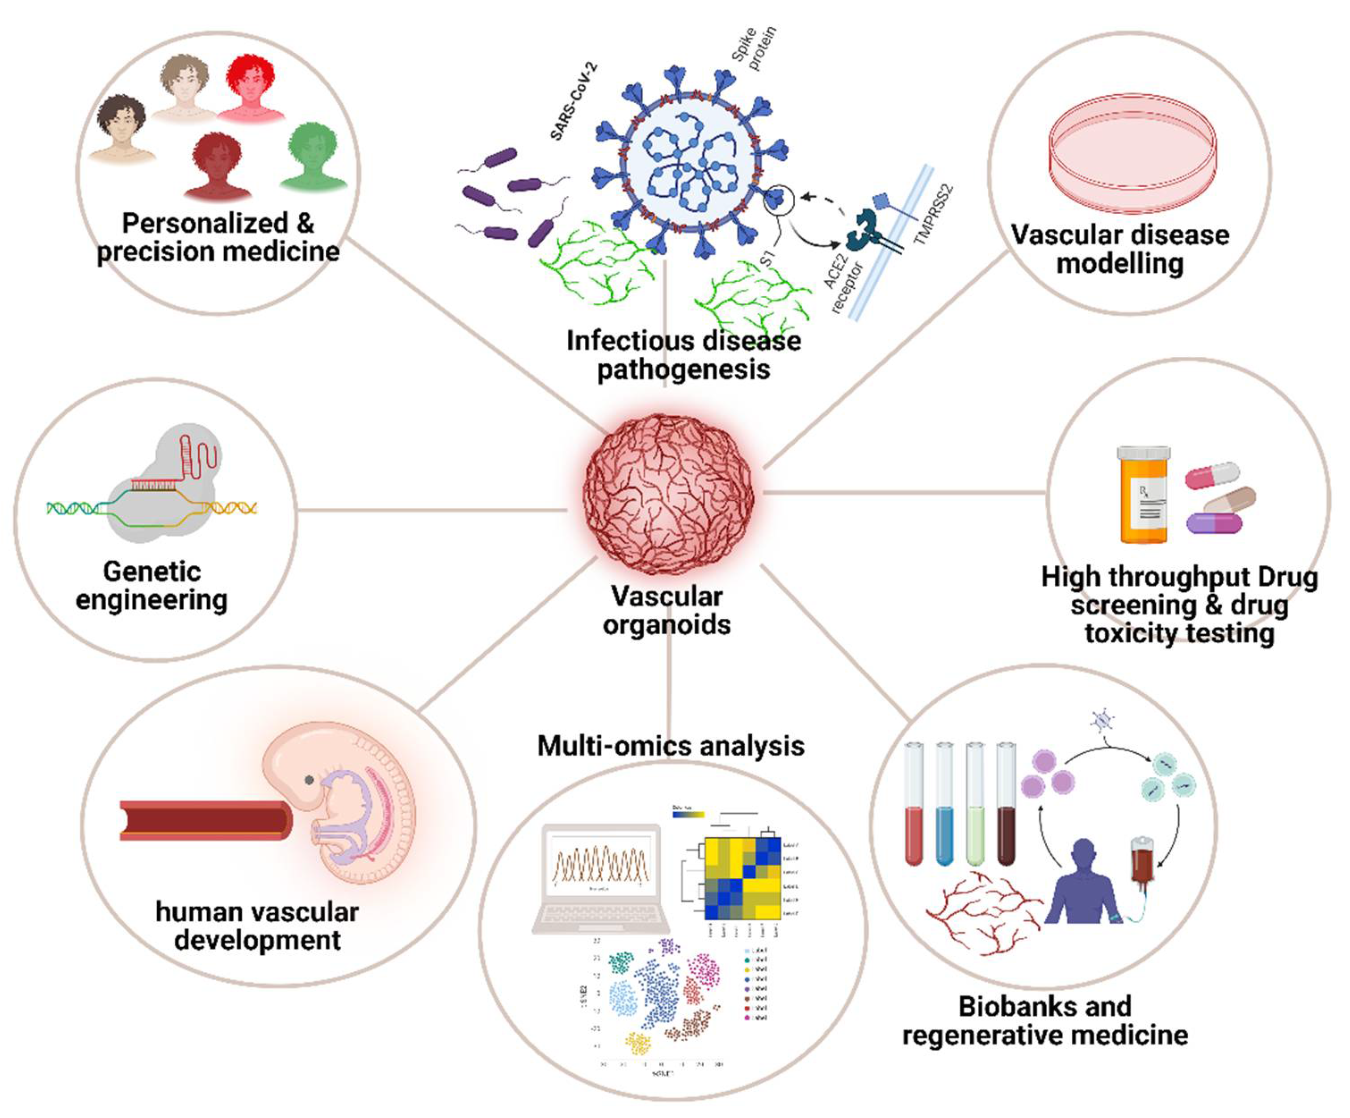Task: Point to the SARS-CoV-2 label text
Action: tap(574, 101)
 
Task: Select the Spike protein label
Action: tap(755, 49)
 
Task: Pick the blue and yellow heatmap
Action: tap(742, 878)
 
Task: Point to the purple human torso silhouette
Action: tap(1083, 885)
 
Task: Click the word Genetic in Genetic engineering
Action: tap(152, 571)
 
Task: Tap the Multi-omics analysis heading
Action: tap(671, 746)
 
